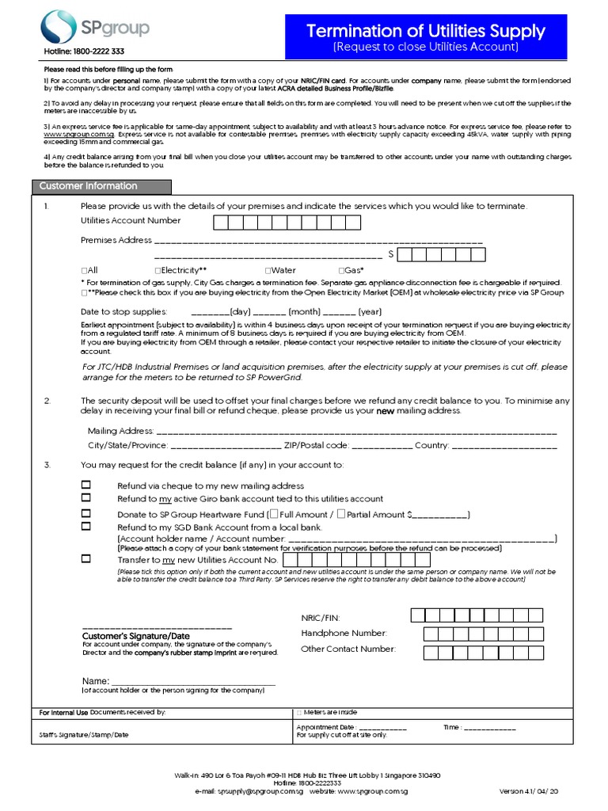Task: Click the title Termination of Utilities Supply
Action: point(426,32)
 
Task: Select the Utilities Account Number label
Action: point(131,220)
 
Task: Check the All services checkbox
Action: point(84,271)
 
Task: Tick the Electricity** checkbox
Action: point(158,271)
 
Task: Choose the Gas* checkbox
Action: point(340,271)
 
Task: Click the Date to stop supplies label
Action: point(124,312)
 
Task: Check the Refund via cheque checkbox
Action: point(86,485)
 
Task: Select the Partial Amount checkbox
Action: point(341,514)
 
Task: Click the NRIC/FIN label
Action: point(320,617)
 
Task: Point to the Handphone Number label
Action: point(344,633)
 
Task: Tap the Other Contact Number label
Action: point(348,649)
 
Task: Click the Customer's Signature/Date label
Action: point(136,636)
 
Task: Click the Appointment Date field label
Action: point(325,727)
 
